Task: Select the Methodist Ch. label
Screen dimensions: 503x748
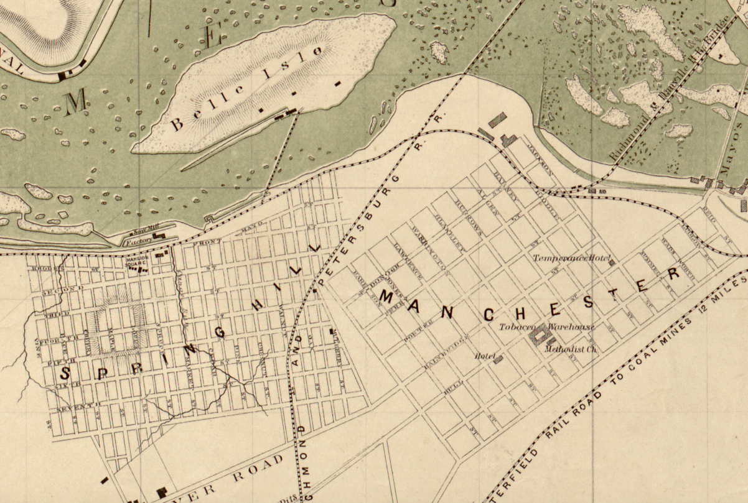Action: click(x=571, y=349)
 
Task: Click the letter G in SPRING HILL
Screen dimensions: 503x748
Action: click(x=220, y=333)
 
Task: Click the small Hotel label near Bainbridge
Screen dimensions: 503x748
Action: click(x=484, y=356)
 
